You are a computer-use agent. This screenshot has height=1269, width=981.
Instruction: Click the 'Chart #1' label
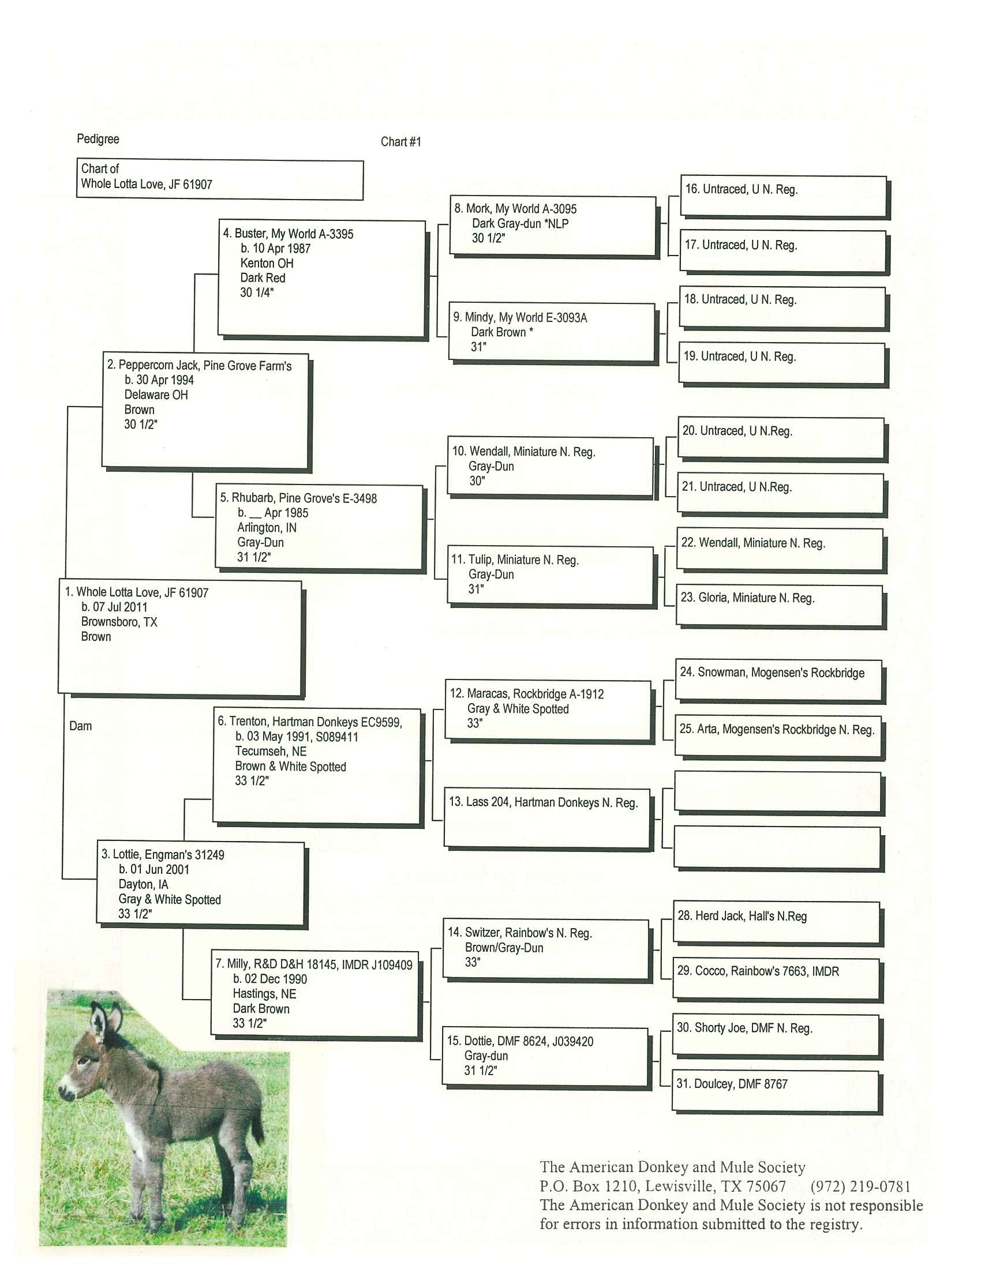pos(400,142)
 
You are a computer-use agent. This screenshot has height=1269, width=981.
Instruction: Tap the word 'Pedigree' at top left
pos(98,139)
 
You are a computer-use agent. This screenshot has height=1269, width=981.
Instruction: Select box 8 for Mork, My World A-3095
pos(553,226)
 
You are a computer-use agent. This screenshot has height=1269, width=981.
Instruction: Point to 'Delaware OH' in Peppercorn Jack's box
pos(156,395)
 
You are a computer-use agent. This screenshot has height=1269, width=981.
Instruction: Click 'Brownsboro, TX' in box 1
pos(119,622)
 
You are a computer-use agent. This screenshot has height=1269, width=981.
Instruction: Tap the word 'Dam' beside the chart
pos(80,726)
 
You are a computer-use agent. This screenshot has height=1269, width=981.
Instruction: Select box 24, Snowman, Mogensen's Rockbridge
pos(778,680)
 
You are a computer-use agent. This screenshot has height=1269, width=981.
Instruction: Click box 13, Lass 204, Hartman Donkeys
pos(546,817)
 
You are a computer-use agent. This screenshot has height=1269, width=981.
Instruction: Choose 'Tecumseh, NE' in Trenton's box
pos(270,751)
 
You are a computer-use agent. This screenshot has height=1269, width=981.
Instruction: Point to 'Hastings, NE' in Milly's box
pos(264,994)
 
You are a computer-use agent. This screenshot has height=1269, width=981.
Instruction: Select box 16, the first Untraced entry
pos(784,196)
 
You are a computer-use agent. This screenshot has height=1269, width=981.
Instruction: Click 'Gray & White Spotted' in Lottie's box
pos(169,899)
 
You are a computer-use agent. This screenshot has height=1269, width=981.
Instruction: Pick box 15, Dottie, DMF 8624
pos(545,1056)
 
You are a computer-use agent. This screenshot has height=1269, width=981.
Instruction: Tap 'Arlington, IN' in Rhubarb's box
pos(266,528)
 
